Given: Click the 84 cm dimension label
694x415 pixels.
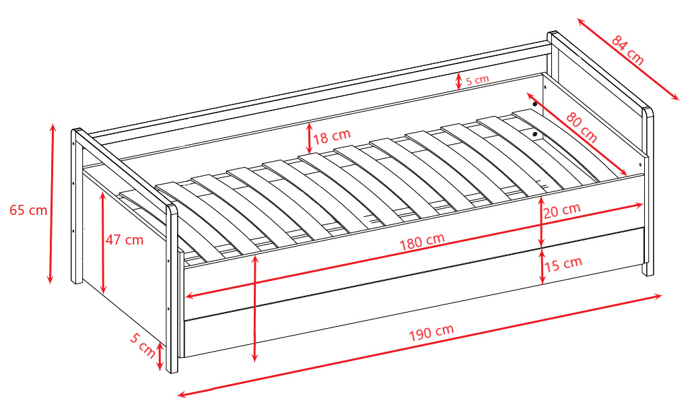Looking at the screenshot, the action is pos(628,51).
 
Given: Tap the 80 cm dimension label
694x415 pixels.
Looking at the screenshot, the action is pos(582,128).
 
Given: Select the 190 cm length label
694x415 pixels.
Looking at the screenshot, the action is pos(431,333).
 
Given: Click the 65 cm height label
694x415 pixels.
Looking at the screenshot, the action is pos(28,210).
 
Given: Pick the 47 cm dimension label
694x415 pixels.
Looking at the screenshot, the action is pos(125,240).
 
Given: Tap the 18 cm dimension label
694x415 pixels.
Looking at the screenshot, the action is pos(332,136).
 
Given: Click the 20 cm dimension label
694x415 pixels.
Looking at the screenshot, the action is pos(562,210).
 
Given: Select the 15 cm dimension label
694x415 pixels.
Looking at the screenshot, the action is pos(563,264).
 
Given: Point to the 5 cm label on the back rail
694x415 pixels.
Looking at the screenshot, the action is pos(477,80).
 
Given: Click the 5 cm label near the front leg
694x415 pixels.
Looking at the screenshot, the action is pos(143,345).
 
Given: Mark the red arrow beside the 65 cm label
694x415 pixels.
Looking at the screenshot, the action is pos(52,203).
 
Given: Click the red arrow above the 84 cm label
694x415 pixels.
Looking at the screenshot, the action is pos(628,59).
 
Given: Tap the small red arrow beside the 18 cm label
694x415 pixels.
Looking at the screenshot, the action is pos(310,138).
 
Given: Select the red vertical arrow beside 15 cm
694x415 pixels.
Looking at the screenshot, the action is pos(543,266).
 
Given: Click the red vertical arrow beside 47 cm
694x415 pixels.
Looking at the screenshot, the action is pos(103,243).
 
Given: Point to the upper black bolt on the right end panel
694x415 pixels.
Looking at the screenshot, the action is pos(535,104).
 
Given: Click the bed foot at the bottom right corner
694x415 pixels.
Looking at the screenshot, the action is pos(648,269).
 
